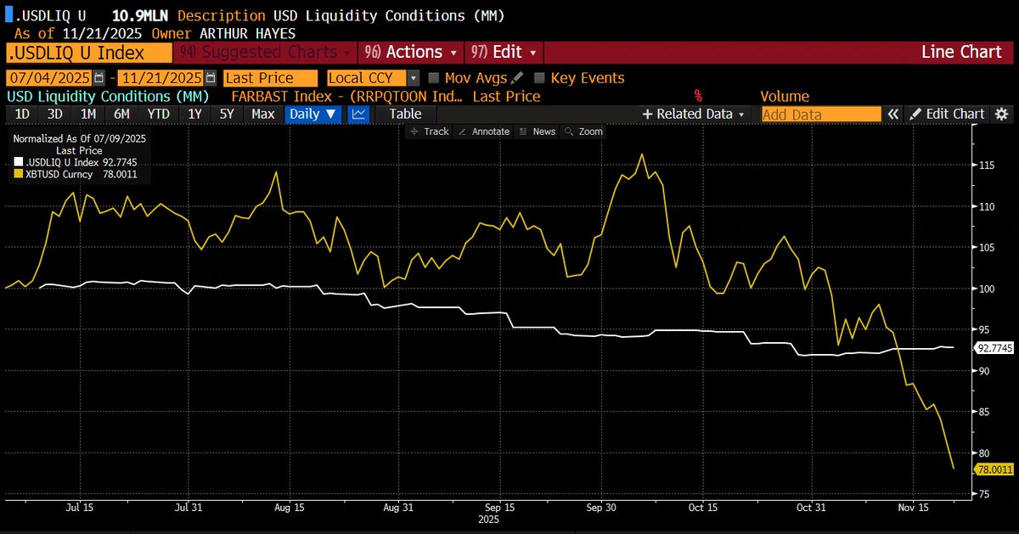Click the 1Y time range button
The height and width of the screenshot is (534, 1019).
(195, 114)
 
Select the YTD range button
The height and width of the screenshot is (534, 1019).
(158, 114)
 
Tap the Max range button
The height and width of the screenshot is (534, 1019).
(263, 114)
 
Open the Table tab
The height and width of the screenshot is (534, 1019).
(405, 114)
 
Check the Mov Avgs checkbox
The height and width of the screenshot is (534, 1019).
(434, 78)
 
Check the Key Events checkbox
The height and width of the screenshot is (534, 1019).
(539, 78)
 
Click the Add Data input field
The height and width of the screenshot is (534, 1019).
(820, 115)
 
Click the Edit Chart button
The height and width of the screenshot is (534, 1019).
(946, 114)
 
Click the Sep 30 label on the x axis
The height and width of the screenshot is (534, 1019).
(601, 507)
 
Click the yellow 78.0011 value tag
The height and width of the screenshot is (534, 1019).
(994, 469)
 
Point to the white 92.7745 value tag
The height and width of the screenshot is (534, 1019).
(994, 348)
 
